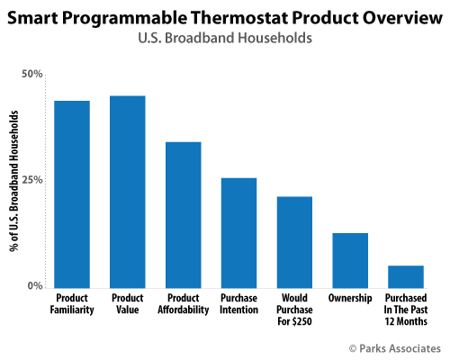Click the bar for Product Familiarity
72,193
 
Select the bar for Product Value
127,191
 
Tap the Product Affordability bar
183,214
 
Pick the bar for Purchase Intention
238,232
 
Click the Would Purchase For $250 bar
294,241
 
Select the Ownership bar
350,259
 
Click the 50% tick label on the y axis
31,73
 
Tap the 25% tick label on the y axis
31,179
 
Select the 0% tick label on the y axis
34,285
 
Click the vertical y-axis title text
14,180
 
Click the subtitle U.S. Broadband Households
225,39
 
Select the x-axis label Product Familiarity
72,302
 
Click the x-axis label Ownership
350,297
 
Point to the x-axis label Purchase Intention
238,302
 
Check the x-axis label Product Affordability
183,302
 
